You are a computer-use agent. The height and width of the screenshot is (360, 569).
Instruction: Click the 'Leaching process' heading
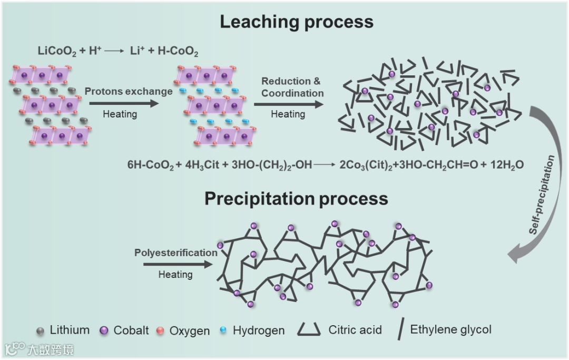tap(296, 22)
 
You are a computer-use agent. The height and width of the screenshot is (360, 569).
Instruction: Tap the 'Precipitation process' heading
tap(296, 199)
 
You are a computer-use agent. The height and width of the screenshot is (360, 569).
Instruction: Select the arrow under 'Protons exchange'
tap(123, 103)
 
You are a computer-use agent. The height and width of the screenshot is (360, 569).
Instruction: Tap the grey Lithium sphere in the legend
tap(40, 331)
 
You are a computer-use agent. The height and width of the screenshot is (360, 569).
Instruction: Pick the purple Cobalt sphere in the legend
tap(104, 331)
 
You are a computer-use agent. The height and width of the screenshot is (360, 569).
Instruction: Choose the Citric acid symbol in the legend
tap(310, 330)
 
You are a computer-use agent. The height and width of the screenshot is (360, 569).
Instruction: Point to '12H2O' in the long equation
tap(505, 165)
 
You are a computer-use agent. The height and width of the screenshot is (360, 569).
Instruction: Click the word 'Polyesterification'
tap(175, 252)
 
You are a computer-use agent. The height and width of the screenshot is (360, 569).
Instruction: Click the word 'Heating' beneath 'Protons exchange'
tap(120, 114)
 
